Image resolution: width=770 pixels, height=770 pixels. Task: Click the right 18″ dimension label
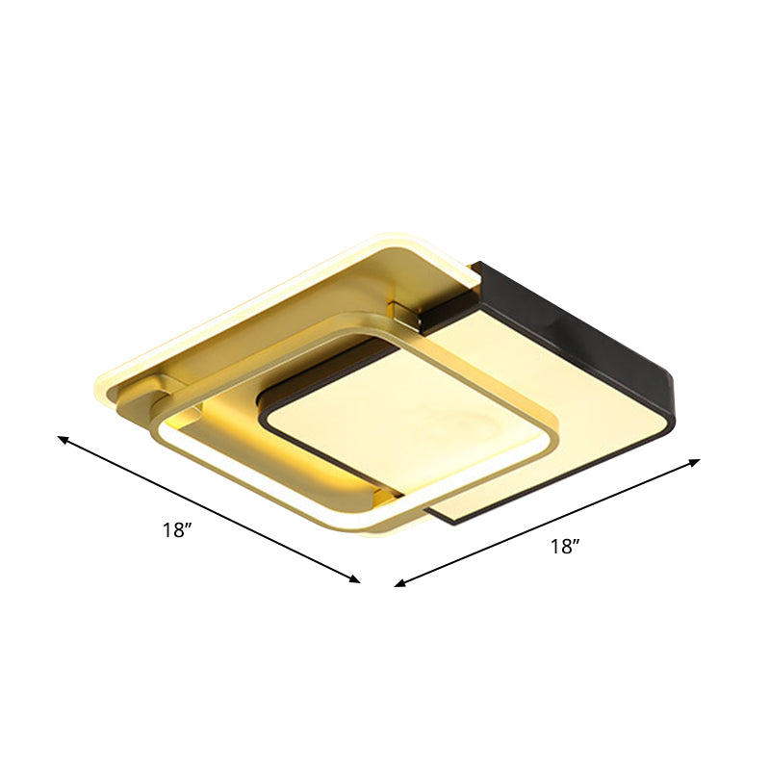coord(565,547)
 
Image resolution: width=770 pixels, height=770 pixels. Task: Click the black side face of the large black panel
coord(577,318)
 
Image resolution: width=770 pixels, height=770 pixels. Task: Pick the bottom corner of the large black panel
coord(452,520)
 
